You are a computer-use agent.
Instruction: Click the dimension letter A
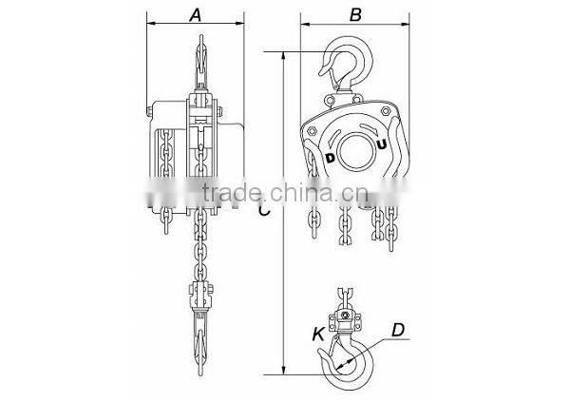tap(196, 14)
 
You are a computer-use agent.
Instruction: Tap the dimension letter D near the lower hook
tap(399, 331)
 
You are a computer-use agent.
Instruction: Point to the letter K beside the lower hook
tap(316, 334)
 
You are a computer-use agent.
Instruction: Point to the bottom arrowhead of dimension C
tap(284, 373)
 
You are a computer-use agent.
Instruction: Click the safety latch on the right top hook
tap(329, 67)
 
